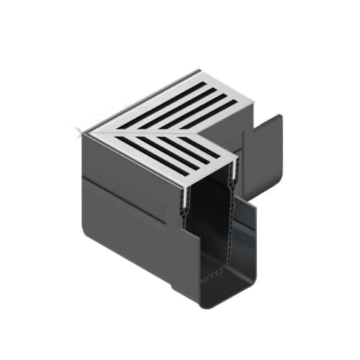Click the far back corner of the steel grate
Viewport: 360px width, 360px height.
[199, 71]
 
